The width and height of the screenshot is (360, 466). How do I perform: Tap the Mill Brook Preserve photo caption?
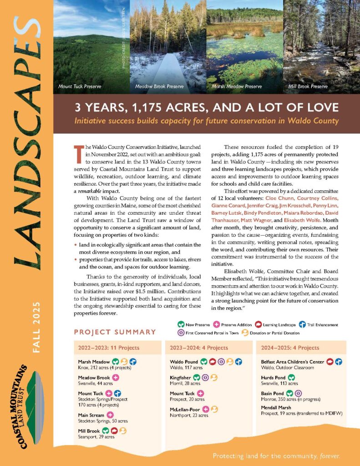(x=308, y=86)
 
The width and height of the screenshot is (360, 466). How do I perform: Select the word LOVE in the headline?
(x=321, y=108)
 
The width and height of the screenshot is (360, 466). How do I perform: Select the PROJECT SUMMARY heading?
(x=115, y=332)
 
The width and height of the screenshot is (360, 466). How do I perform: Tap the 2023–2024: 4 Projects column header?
(x=199, y=348)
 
